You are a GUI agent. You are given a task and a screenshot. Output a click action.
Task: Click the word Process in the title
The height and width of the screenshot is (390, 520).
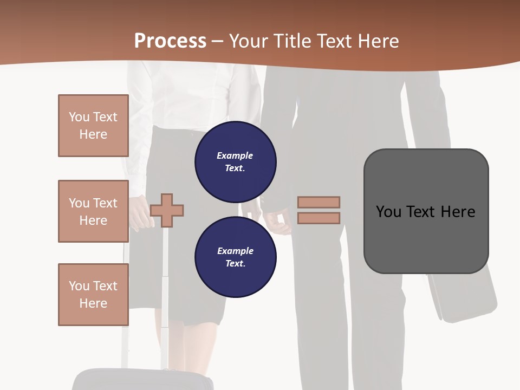coord(170,41)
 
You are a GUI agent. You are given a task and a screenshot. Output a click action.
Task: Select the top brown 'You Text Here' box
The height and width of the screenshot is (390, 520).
coord(93,126)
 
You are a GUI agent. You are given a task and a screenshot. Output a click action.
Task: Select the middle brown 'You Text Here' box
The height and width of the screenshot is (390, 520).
coord(93,211)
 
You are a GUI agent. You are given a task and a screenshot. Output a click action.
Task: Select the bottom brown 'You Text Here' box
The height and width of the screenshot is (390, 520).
coord(93,295)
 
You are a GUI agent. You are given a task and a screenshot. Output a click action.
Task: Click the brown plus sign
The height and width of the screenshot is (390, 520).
coord(167,210)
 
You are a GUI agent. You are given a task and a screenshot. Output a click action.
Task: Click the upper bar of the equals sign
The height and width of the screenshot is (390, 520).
coord(318,202)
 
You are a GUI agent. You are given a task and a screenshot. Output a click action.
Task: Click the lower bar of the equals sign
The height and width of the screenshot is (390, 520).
coord(318,218)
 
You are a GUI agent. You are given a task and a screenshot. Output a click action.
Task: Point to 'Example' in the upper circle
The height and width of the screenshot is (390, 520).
coord(235,155)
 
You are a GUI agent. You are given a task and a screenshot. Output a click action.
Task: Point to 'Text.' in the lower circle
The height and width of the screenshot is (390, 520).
coord(235,263)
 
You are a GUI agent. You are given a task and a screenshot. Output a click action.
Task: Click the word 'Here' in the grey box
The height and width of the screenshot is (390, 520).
coord(458,212)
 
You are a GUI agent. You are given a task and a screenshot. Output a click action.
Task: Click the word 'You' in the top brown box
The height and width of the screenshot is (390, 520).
coord(79,117)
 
